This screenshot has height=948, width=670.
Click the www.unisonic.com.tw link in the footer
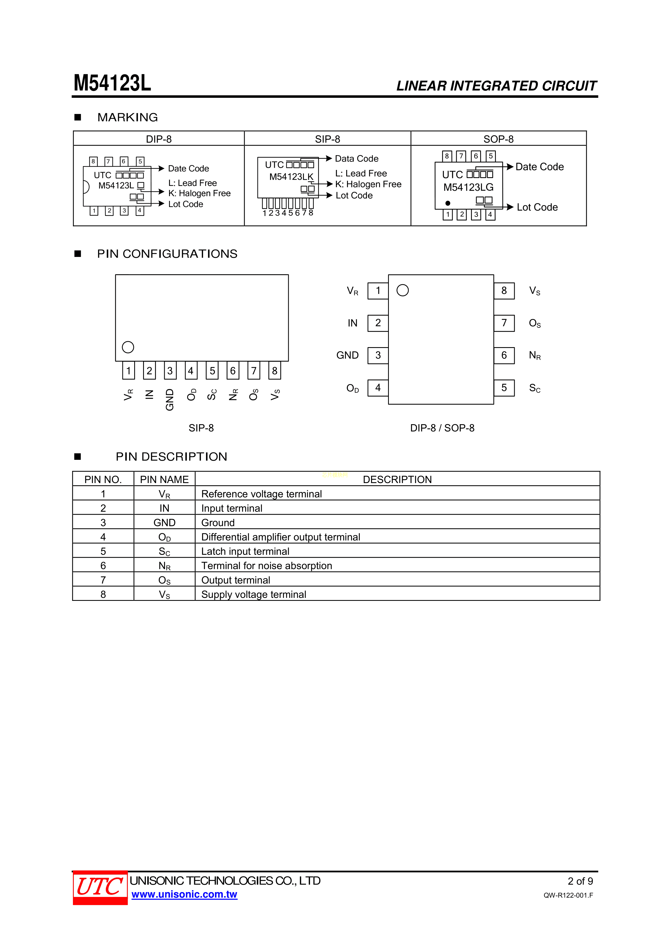click(x=184, y=894)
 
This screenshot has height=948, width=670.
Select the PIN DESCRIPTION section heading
click(x=171, y=457)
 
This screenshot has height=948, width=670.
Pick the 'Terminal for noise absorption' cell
click(x=267, y=566)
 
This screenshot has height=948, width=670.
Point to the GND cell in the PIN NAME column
click(x=164, y=523)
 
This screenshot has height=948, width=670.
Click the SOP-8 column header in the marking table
click(x=498, y=139)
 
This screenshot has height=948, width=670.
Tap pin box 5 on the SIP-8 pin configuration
click(x=212, y=371)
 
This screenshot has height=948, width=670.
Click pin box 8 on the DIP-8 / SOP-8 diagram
click(x=504, y=291)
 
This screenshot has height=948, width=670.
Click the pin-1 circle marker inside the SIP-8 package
click(x=128, y=347)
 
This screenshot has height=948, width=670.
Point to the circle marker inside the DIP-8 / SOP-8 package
click(x=402, y=290)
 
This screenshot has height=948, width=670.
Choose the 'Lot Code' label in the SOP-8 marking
click(x=537, y=207)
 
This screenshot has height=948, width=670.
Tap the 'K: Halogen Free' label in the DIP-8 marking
click(x=199, y=193)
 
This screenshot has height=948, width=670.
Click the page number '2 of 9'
click(x=580, y=881)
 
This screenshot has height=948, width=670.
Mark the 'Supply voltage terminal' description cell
click(x=254, y=595)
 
